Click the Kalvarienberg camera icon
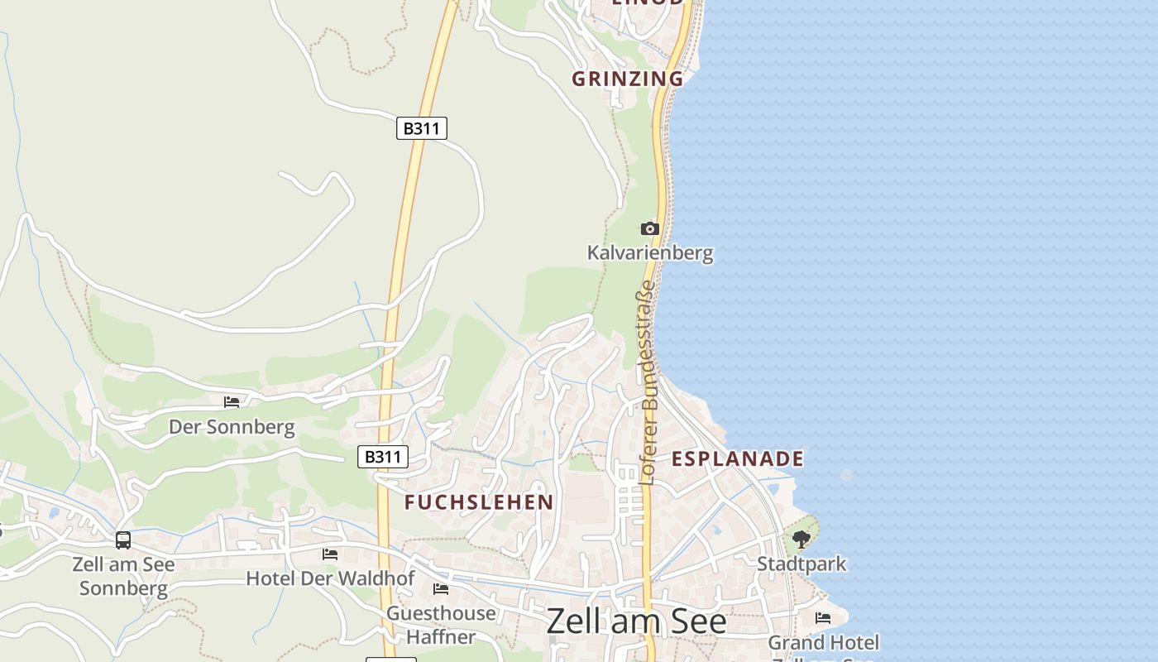tap(650, 228)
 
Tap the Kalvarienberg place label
tap(650, 252)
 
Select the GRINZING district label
tap(628, 79)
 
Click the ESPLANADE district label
tap(737, 458)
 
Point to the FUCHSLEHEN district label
tap(479, 502)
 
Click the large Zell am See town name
tap(636, 621)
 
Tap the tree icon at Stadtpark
tap(801, 540)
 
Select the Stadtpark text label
tap(802, 564)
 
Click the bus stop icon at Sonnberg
tap(123, 540)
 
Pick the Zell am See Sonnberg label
tap(124, 577)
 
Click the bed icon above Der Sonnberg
tap(232, 402)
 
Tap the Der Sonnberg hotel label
tap(232, 427)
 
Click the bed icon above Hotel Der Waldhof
tap(330, 554)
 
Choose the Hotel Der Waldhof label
tap(330, 578)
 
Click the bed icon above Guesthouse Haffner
tap(441, 589)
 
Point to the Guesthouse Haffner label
tap(442, 625)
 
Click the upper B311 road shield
tap(422, 128)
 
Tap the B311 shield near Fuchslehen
tap(383, 457)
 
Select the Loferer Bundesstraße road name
tap(648, 382)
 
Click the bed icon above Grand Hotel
tap(823, 618)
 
